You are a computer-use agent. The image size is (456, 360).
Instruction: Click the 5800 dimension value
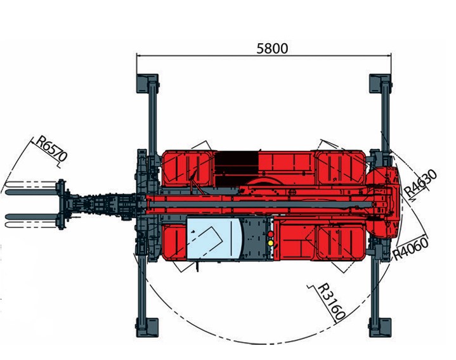point(272,49)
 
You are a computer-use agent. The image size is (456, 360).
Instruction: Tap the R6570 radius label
point(52,149)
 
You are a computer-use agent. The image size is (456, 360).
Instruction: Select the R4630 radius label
point(420,183)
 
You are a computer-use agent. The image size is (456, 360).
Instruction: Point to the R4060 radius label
point(410,248)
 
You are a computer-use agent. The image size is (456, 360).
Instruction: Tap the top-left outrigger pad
point(147,84)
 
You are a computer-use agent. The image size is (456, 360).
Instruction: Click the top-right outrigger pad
point(380,84)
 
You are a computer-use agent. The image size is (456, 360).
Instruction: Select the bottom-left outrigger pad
point(147,328)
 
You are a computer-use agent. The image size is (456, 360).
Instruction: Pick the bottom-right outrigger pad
point(380,328)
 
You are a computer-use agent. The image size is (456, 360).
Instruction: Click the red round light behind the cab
point(270,234)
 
